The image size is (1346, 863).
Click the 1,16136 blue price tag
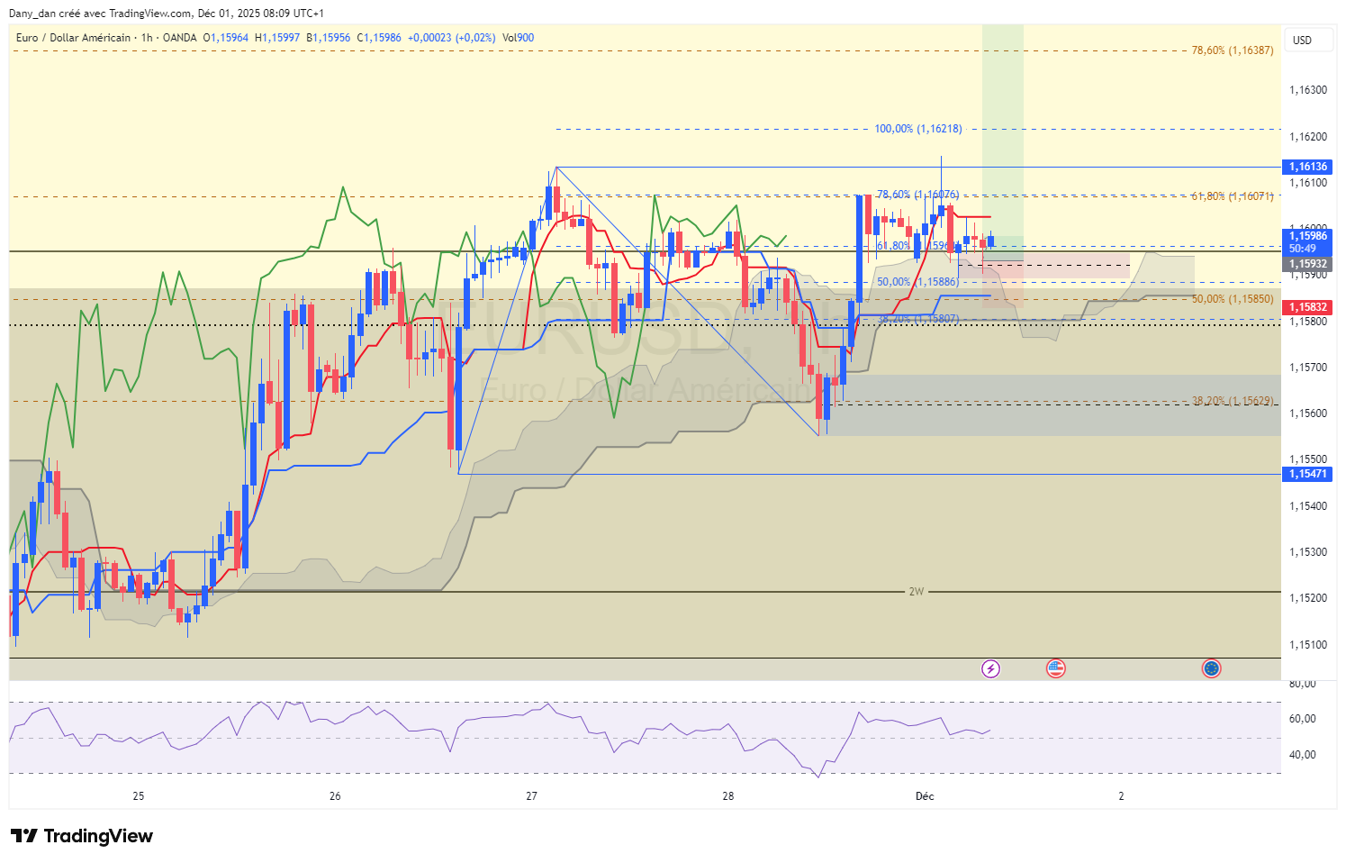coord(1307,167)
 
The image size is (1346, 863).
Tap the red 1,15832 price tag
coord(1307,307)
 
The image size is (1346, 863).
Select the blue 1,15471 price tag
coord(1307,474)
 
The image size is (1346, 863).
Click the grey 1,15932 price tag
coord(1307,265)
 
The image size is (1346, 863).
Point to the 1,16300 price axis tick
coord(1307,90)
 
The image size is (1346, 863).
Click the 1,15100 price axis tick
coord(1307,645)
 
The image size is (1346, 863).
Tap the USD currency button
coord(1302,41)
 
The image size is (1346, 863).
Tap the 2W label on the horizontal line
coord(916,592)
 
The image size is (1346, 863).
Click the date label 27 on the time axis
coord(531,796)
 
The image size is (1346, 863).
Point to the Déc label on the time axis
coord(925,796)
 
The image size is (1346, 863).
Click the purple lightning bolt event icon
coord(990,668)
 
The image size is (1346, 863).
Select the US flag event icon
coord(1055,668)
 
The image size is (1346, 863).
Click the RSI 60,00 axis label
coord(1302,719)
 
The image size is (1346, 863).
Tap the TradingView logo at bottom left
coord(82,836)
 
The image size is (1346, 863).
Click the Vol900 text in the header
coord(518,38)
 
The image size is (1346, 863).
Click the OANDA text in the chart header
coord(179,38)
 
